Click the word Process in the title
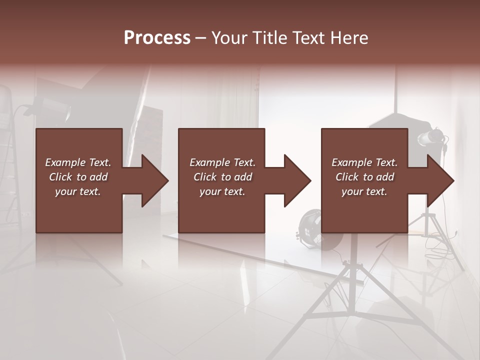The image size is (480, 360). click(x=157, y=38)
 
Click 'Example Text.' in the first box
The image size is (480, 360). click(x=78, y=162)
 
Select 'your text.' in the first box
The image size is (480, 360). click(x=78, y=191)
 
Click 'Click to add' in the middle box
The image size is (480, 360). click(x=222, y=177)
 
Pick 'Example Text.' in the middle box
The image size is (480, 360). click(x=222, y=162)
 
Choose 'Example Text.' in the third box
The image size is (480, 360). click(x=364, y=162)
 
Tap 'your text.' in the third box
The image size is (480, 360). click(x=364, y=191)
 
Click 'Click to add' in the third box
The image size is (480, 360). click(x=364, y=177)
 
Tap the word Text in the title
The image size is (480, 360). click(x=307, y=38)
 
